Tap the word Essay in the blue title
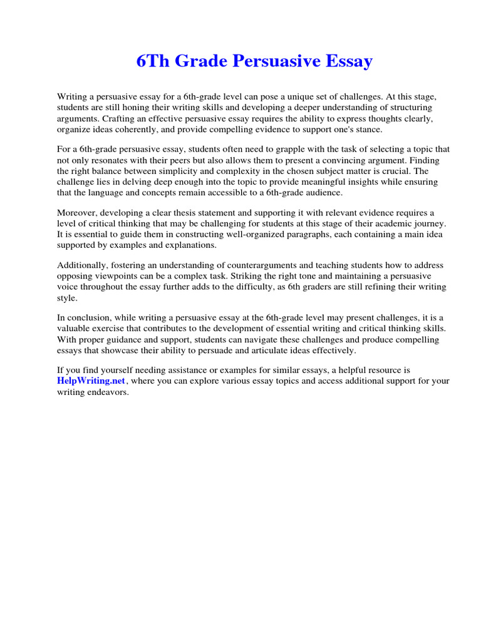(346, 61)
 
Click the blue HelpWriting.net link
(91, 381)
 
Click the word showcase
(123, 351)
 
